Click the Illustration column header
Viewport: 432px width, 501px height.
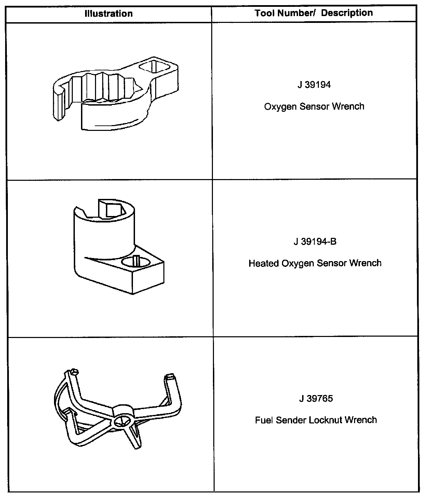(108, 14)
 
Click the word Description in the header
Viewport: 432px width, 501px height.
(347, 13)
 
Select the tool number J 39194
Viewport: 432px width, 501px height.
(314, 85)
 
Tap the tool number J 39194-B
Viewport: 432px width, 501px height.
(315, 242)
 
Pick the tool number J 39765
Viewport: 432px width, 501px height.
(316, 398)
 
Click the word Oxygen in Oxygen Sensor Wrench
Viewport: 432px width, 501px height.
(280, 107)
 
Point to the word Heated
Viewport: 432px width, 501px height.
(264, 263)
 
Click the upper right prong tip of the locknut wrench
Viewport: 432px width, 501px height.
(170, 378)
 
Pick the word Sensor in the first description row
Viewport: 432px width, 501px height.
(313, 107)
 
